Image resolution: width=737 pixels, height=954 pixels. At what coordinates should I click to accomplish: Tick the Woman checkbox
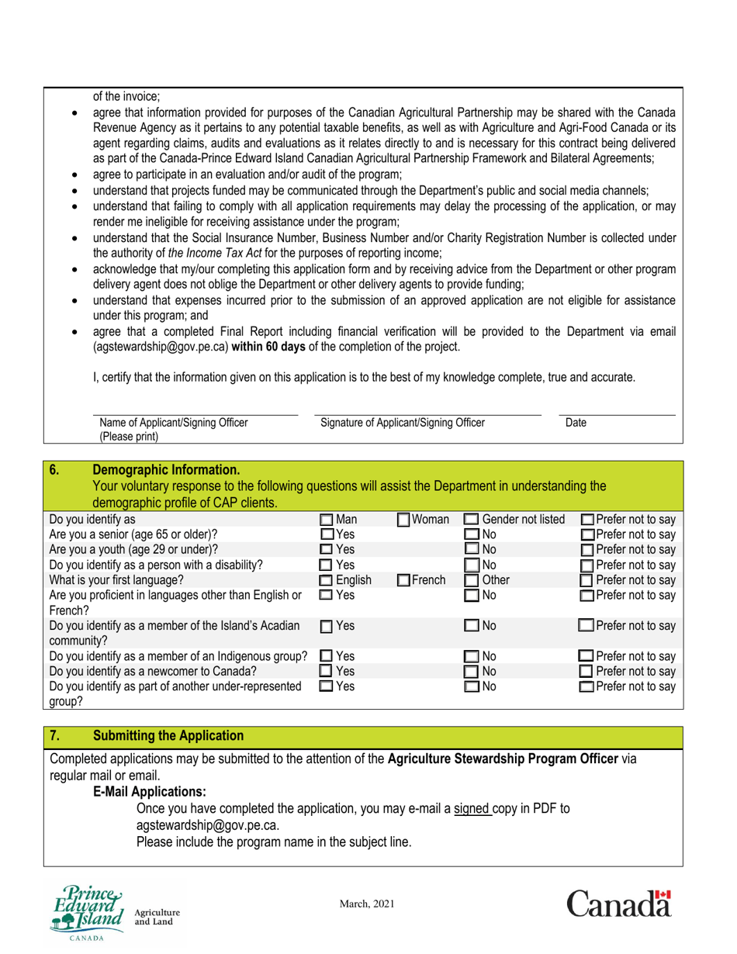[404, 519]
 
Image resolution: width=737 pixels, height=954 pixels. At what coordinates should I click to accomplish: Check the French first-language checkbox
[404, 579]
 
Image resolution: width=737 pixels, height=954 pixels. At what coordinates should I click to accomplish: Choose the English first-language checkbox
[327, 579]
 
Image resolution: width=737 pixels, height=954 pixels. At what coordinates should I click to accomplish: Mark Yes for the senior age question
[327, 534]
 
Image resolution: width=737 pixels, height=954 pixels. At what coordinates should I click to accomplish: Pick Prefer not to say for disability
[588, 565]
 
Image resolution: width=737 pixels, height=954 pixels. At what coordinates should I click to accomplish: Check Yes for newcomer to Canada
[327, 671]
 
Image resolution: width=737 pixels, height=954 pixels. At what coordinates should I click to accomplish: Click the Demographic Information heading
[166, 469]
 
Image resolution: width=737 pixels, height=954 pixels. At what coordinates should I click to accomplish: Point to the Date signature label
[576, 423]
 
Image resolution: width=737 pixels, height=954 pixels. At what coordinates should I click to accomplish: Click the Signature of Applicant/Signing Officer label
[402, 423]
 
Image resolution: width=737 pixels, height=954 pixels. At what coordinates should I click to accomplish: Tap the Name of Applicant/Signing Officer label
[174, 423]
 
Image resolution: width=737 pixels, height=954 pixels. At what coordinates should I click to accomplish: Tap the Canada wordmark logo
[618, 904]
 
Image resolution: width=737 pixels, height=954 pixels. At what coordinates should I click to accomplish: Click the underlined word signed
[473, 808]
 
